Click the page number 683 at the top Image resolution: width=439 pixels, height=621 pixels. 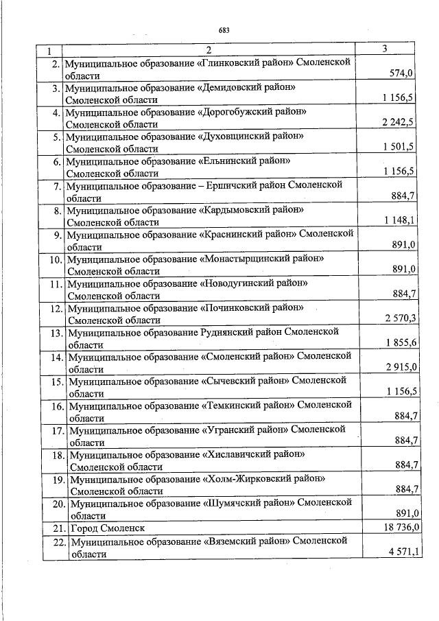(223, 30)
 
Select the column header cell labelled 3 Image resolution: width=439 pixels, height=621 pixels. (385, 49)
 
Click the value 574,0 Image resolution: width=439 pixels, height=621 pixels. (401, 74)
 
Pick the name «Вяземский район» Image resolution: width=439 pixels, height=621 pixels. (248, 541)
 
